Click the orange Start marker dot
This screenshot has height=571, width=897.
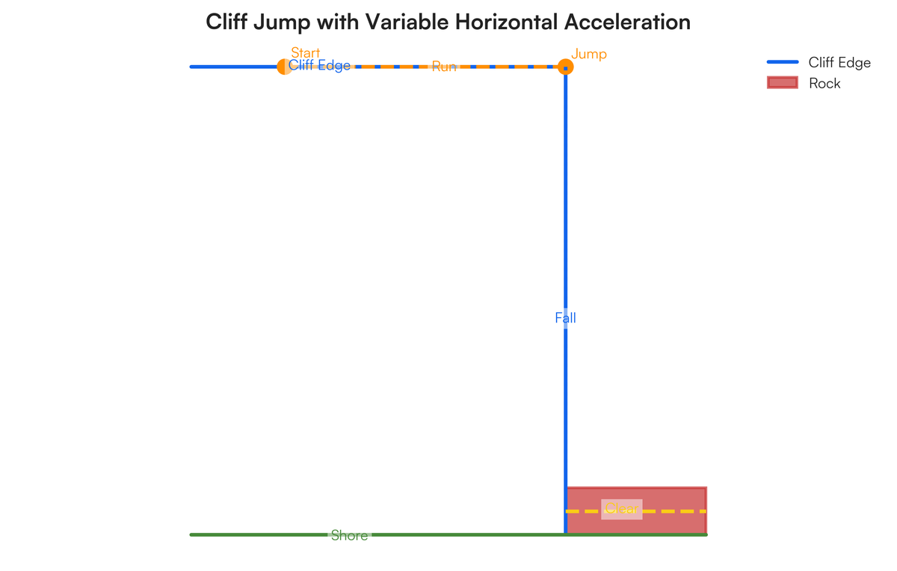283,67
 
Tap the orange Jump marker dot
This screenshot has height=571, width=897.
566,67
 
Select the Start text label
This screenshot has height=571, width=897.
305,53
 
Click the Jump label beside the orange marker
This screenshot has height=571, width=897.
589,54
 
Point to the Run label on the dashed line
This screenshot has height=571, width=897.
444,67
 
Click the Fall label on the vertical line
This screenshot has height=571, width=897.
565,318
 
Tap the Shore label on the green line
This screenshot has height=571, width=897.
349,535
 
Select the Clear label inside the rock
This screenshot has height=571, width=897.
621,509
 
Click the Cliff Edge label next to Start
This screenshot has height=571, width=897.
319,66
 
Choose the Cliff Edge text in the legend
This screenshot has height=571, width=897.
839,63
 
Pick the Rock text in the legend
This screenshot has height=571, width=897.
824,83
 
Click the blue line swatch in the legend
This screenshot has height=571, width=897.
783,62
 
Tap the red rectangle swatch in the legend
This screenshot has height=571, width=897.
783,83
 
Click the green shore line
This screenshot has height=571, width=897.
262,534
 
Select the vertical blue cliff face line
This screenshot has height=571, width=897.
565,225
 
